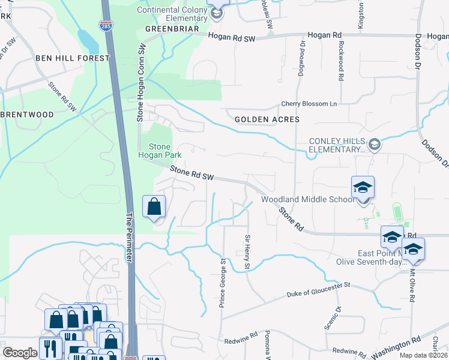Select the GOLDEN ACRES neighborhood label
[267, 119]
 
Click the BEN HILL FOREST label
[73, 58]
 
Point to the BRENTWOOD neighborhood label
[27, 114]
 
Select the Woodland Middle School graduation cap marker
[363, 187]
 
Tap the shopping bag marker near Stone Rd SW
[154, 206]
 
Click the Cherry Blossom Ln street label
[309, 104]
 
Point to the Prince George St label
[222, 283]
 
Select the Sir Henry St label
[247, 252]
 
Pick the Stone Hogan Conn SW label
[143, 82]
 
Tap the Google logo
[20, 353]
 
